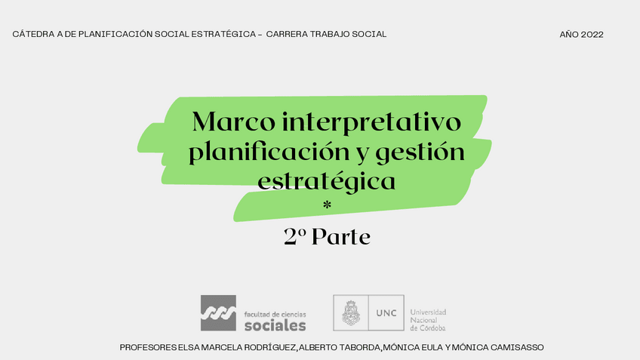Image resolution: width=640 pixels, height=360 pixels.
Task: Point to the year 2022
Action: tap(592, 34)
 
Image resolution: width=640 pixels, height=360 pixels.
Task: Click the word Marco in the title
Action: tap(233, 122)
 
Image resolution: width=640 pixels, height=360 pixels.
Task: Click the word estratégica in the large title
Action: tap(326, 181)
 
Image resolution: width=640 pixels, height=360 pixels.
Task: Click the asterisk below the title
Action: tap(327, 205)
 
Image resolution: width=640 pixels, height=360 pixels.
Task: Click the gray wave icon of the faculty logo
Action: tap(218, 312)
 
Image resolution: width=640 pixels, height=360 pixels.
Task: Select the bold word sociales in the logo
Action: tap(275, 325)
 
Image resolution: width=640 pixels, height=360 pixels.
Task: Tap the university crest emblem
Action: tap(351, 312)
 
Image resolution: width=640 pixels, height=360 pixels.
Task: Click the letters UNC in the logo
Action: tap(385, 312)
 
